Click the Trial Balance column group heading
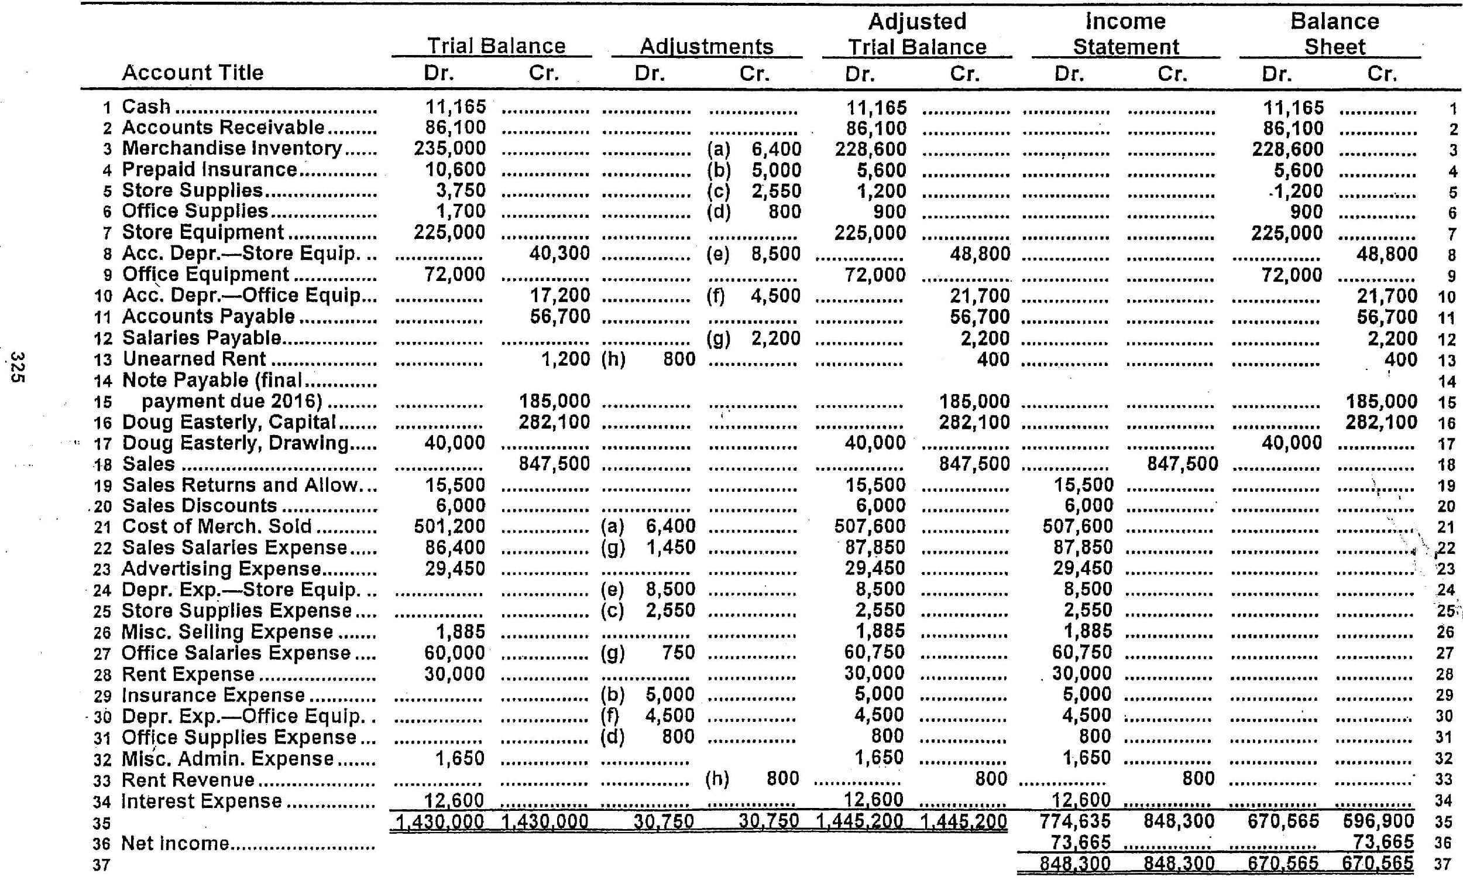pos(496,46)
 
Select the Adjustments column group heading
pos(706,46)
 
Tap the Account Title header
pos(193,73)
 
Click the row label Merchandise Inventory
pos(232,148)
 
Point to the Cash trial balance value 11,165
pos(455,107)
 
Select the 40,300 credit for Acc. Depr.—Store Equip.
pos(559,254)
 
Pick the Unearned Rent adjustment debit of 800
pos(678,359)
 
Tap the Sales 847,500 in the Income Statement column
pos(1182,464)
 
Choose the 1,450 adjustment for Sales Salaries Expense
pos(670,547)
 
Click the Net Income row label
pos(176,843)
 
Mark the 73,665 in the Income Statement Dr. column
pos(1080,842)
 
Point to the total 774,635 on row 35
pos(1075,821)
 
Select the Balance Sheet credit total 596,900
pos(1378,821)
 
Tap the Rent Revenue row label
pos(188,780)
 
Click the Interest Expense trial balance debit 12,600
pos(455,800)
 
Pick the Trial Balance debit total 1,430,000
pos(439,822)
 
